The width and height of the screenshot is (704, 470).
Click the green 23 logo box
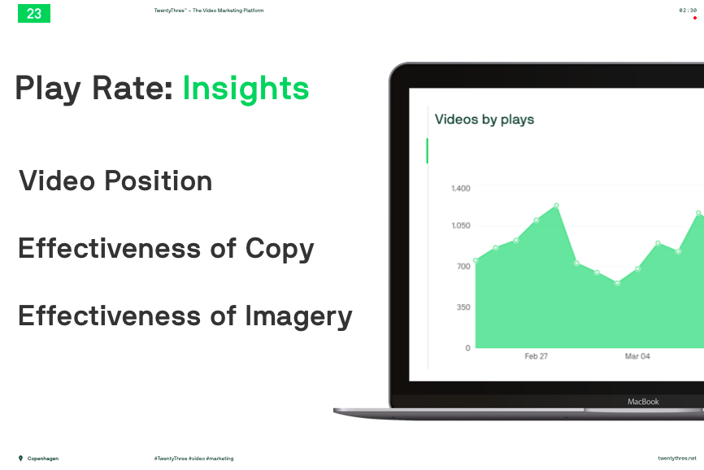[34, 14]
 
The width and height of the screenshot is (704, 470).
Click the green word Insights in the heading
[246, 89]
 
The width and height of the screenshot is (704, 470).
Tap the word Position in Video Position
[158, 181]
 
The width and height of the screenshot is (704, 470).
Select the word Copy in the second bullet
[280, 250]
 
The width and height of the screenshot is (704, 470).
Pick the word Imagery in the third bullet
[298, 317]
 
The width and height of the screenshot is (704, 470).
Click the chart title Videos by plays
[485, 120]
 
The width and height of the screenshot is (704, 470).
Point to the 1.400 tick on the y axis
[461, 189]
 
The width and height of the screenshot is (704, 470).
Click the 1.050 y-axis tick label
[461, 225]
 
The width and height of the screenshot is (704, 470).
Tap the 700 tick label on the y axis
[463, 266]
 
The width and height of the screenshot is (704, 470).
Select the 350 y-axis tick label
[463, 307]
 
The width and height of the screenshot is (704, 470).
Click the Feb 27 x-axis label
[536, 356]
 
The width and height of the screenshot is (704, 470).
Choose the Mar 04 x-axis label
[637, 356]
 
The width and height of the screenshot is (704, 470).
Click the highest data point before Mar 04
[557, 206]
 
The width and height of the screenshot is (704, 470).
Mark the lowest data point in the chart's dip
[617, 283]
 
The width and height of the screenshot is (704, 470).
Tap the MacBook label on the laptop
[643, 402]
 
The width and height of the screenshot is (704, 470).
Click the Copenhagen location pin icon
[20, 459]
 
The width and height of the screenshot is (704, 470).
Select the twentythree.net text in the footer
[677, 459]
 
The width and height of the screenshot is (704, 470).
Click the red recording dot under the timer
[695, 18]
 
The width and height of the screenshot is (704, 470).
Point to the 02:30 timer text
[688, 11]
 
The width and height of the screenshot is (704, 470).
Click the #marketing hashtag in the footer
[219, 459]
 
